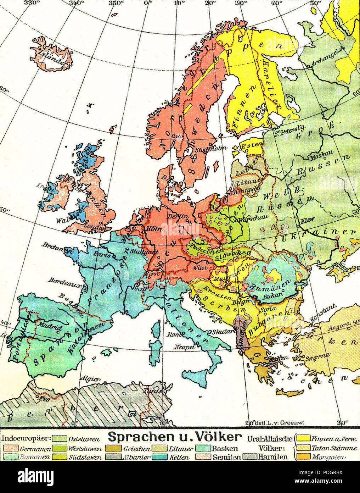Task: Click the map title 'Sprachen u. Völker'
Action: pos(175,437)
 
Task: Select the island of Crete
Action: pos(289,392)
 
